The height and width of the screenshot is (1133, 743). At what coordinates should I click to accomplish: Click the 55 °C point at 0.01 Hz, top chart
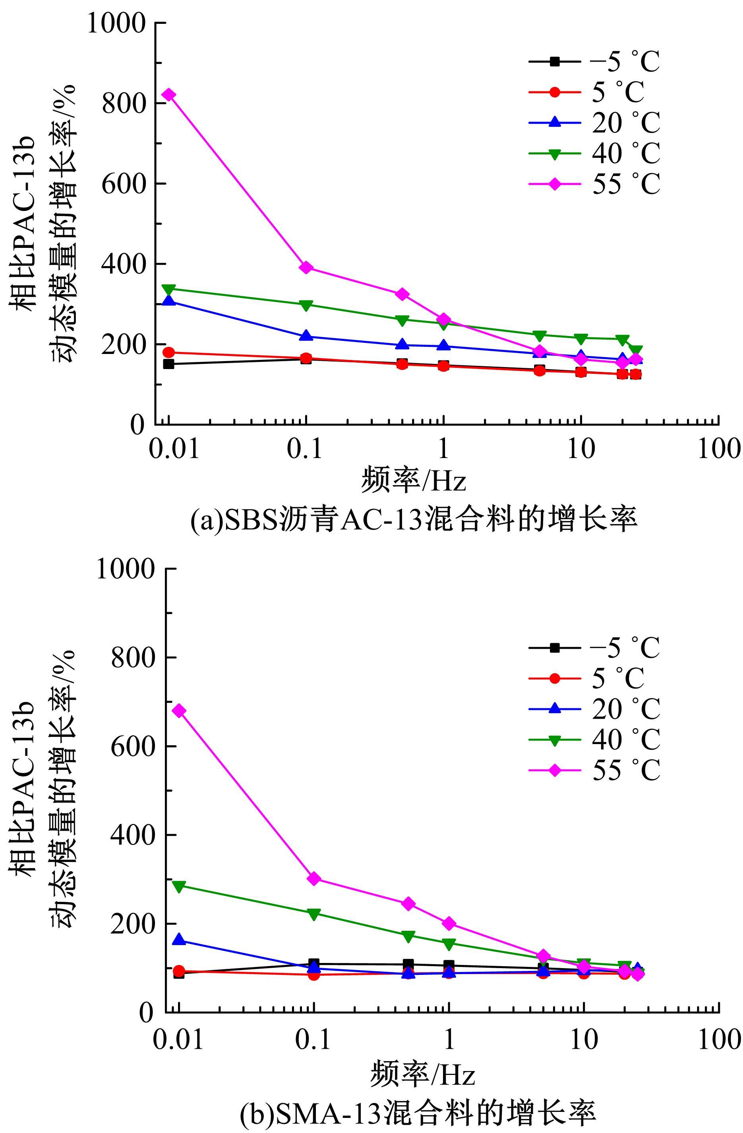click(168, 95)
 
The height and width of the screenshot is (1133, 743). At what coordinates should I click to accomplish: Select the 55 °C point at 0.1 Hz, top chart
click(306, 267)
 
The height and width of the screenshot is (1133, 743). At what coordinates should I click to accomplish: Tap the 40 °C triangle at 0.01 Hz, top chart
click(168, 289)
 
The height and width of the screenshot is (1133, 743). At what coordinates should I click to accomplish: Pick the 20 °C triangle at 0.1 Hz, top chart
click(306, 336)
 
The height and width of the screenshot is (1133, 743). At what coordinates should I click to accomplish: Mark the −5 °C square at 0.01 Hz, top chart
click(168, 364)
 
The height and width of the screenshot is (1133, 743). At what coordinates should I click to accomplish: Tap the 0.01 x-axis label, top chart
click(173, 449)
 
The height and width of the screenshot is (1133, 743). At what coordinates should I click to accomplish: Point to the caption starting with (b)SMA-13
click(418, 1113)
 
